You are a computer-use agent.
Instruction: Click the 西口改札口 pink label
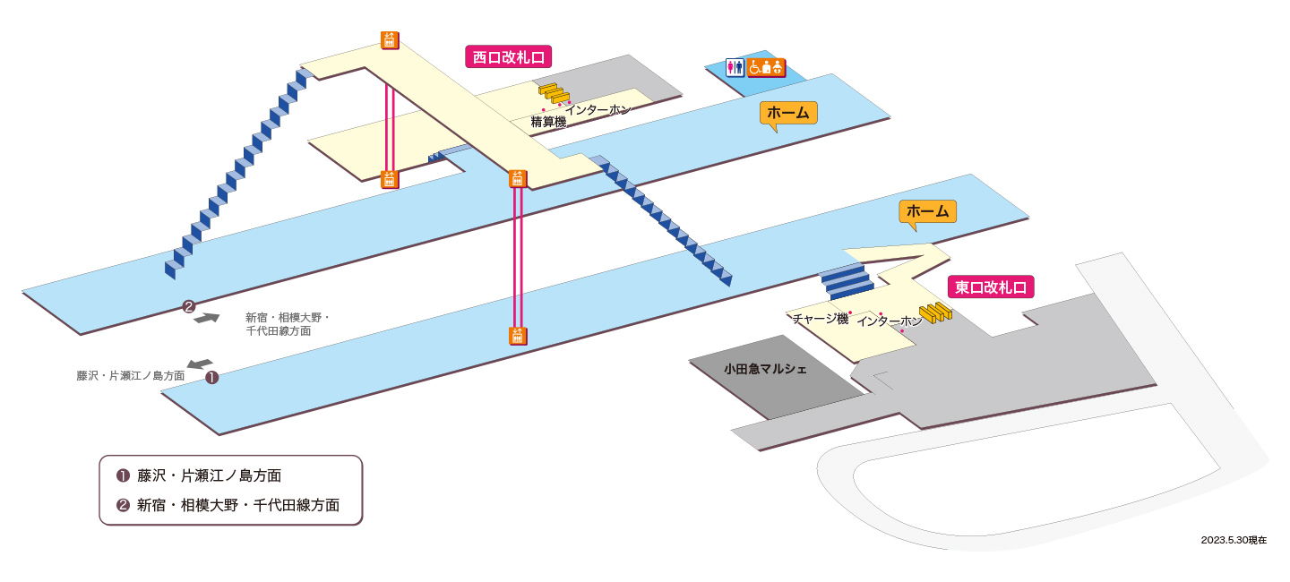509,57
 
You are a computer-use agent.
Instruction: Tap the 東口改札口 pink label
991,287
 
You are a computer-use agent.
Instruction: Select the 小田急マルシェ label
765,369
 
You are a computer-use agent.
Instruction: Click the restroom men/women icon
735,67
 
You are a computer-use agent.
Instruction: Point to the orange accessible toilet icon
766,67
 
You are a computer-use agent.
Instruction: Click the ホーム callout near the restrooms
787,114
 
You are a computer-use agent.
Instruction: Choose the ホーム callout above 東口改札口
927,212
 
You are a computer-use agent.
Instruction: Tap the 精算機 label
548,122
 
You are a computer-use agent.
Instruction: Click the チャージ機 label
820,319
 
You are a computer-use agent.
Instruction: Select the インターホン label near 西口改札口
598,109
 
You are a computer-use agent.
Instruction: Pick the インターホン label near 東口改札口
890,321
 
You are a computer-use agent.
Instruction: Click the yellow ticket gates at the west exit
554,93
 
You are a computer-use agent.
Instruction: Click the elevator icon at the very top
390,40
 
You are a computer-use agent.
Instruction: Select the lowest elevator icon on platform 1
518,336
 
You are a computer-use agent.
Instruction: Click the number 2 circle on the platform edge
188,307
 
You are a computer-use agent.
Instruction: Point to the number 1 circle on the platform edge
212,378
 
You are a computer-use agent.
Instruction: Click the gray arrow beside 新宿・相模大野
206,318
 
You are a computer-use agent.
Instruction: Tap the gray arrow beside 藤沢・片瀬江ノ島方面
200,364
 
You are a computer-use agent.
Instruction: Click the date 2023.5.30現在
1234,540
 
